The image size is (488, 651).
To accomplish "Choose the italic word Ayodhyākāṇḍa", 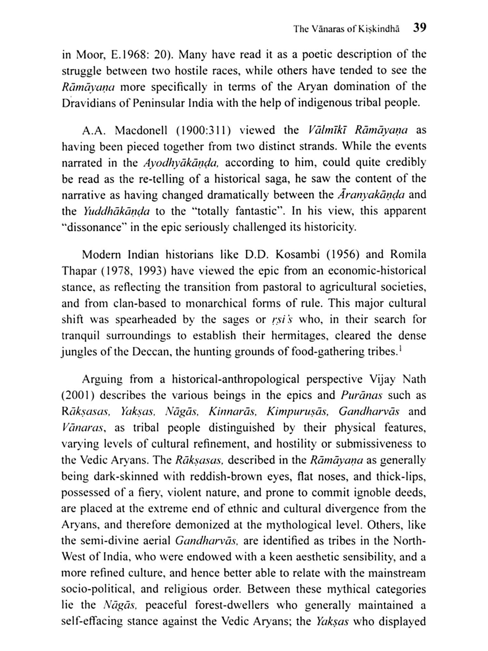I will click(181, 163).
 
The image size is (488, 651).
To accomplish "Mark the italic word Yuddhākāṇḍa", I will click(116, 211).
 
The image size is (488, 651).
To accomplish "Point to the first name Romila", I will click(408, 255).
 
